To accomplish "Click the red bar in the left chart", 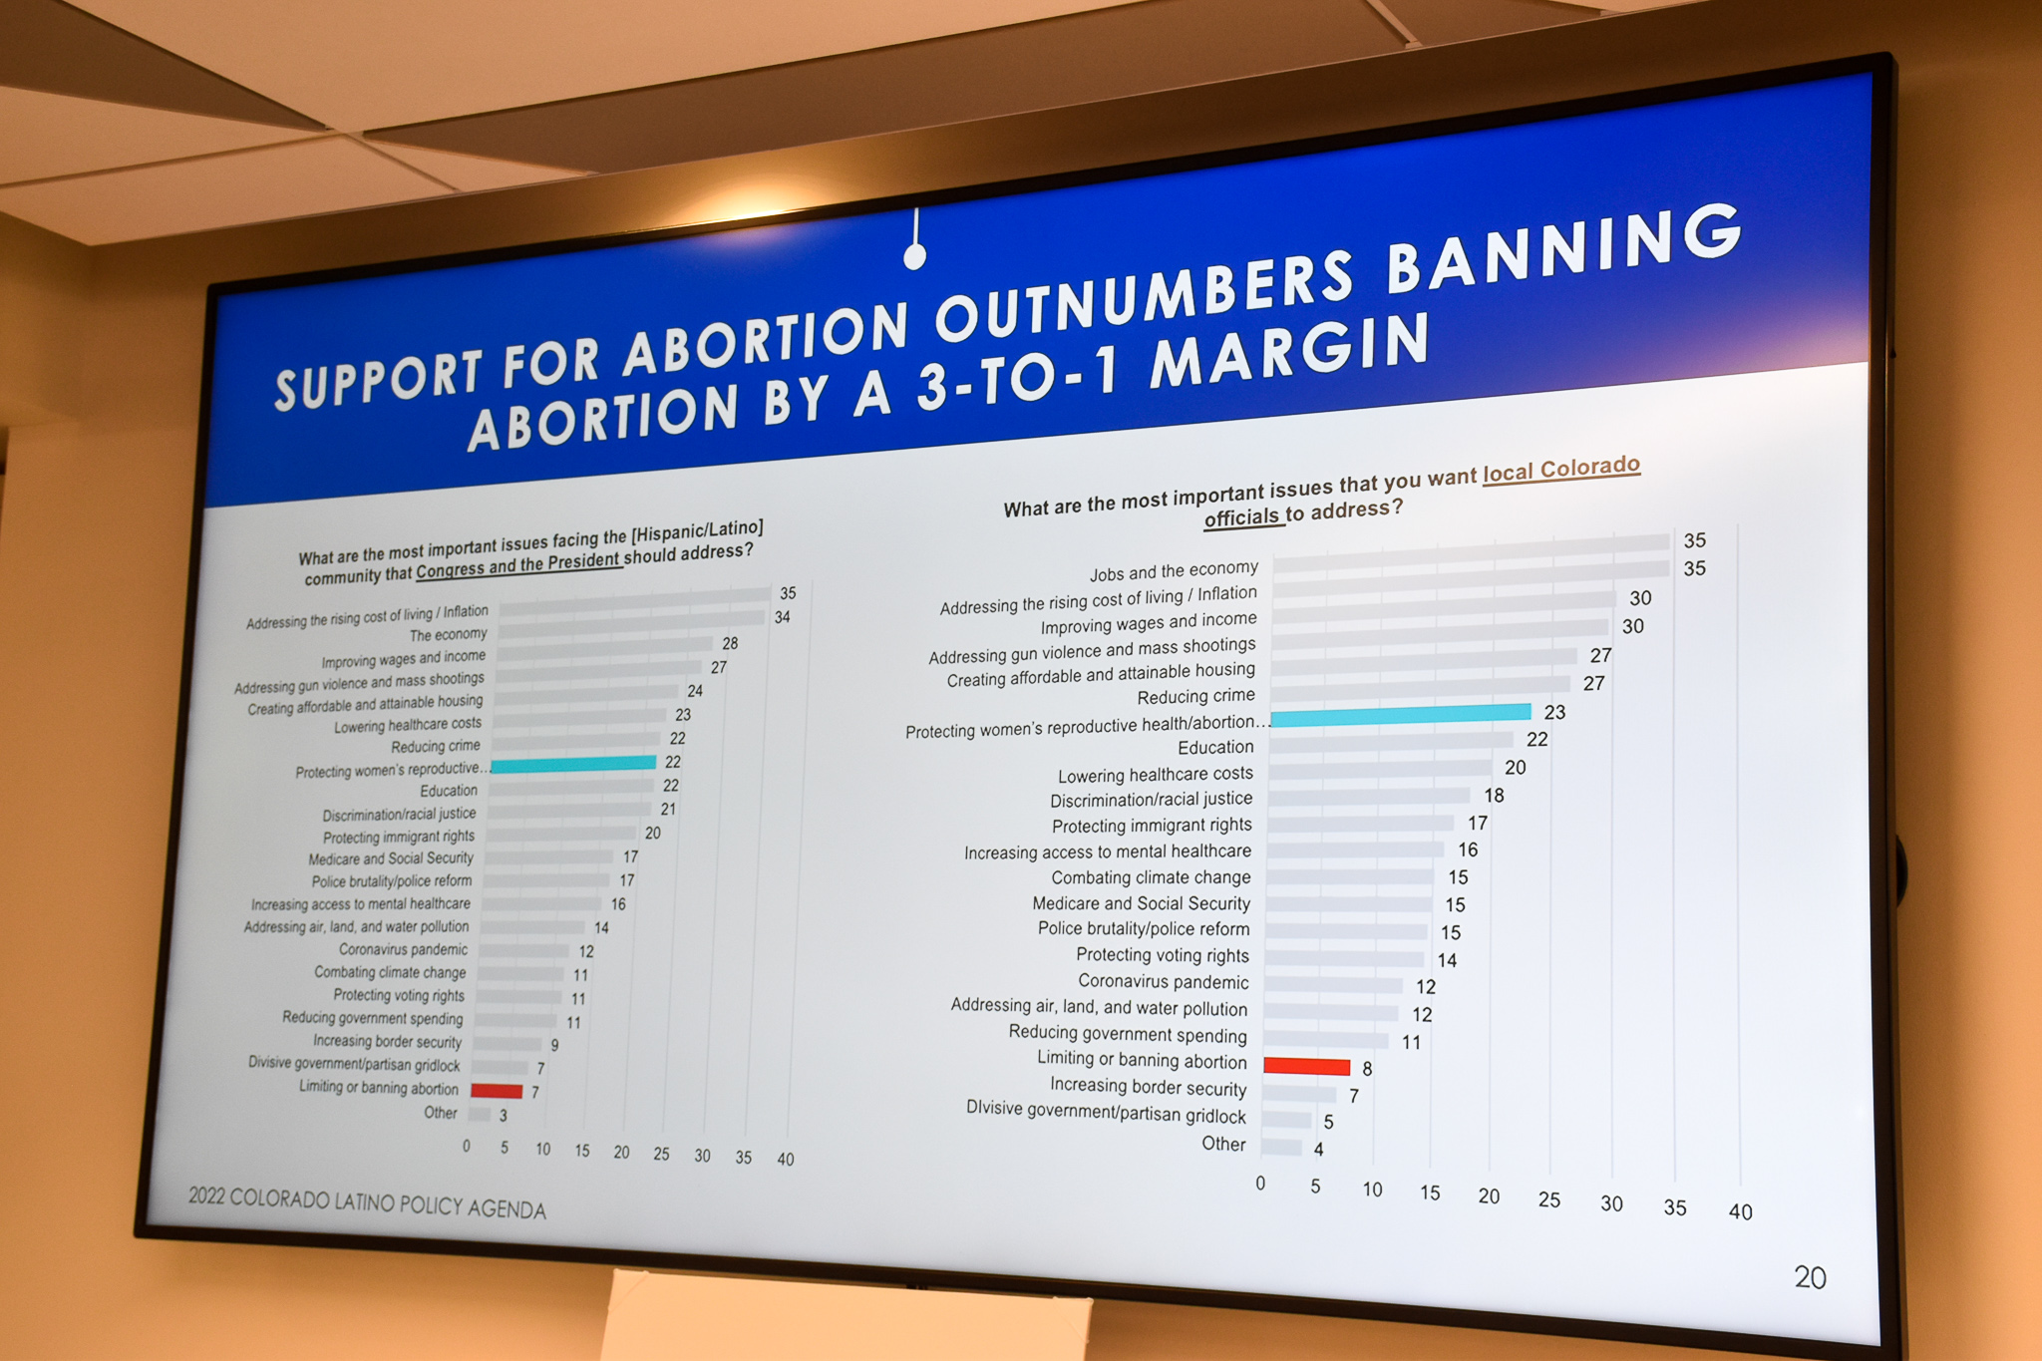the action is point(497,1091).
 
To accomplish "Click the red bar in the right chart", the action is point(1307,1066).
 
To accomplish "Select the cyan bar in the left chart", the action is point(573,764).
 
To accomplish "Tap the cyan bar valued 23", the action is point(1401,714).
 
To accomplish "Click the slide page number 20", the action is point(1810,1277).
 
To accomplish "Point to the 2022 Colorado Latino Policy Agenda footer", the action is point(367,1202).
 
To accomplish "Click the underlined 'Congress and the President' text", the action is point(518,565).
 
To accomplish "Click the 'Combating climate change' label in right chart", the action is point(1151,877).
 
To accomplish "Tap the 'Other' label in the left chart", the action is point(441,1113).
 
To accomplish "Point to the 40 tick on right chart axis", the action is point(1740,1211).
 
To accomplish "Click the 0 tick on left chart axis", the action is point(466,1147).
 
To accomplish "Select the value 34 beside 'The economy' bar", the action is point(783,617).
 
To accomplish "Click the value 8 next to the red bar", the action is point(1367,1069).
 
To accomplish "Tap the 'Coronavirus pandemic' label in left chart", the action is point(403,950).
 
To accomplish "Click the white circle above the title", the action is point(914,257).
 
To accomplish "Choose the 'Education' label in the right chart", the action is point(1215,748).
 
